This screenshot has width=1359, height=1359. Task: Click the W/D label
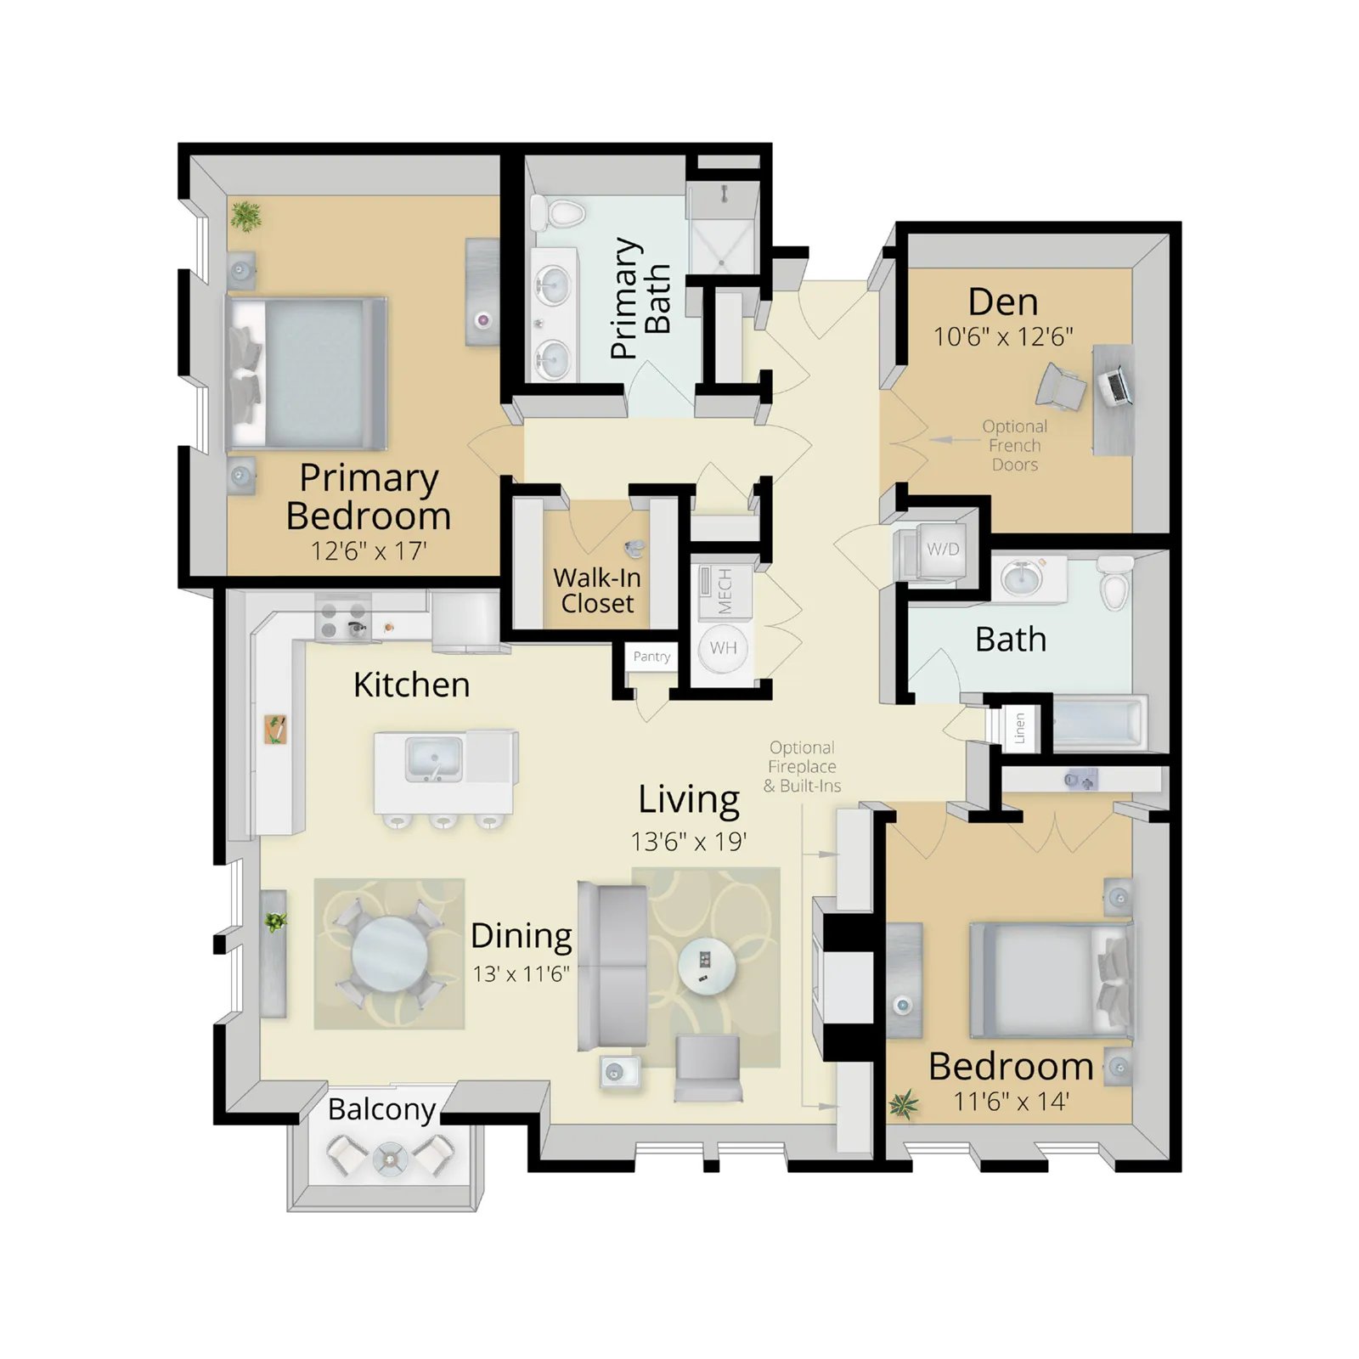[943, 550]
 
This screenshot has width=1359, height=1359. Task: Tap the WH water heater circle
[723, 648]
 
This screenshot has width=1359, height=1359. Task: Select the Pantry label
[651, 657]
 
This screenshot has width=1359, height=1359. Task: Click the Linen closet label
[1020, 728]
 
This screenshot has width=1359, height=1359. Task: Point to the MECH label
[725, 591]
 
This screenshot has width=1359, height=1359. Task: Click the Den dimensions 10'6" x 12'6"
[1003, 337]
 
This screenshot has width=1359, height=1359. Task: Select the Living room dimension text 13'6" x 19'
[689, 842]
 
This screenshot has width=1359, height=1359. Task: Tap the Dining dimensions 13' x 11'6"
[522, 973]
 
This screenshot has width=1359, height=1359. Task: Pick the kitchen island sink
[434, 758]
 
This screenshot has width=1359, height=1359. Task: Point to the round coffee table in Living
[707, 966]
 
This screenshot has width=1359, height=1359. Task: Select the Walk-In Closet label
[597, 590]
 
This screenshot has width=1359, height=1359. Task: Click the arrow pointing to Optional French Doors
[954, 440]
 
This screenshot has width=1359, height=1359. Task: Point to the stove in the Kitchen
[343, 618]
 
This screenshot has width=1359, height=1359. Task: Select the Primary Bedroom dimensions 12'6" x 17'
[369, 550]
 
